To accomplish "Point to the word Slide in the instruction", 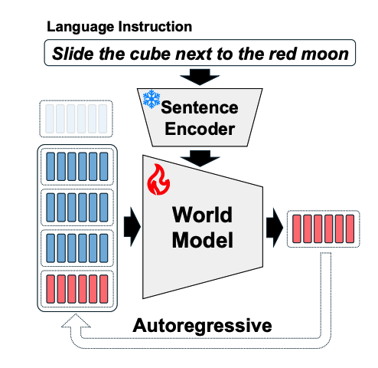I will tap(73, 54).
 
